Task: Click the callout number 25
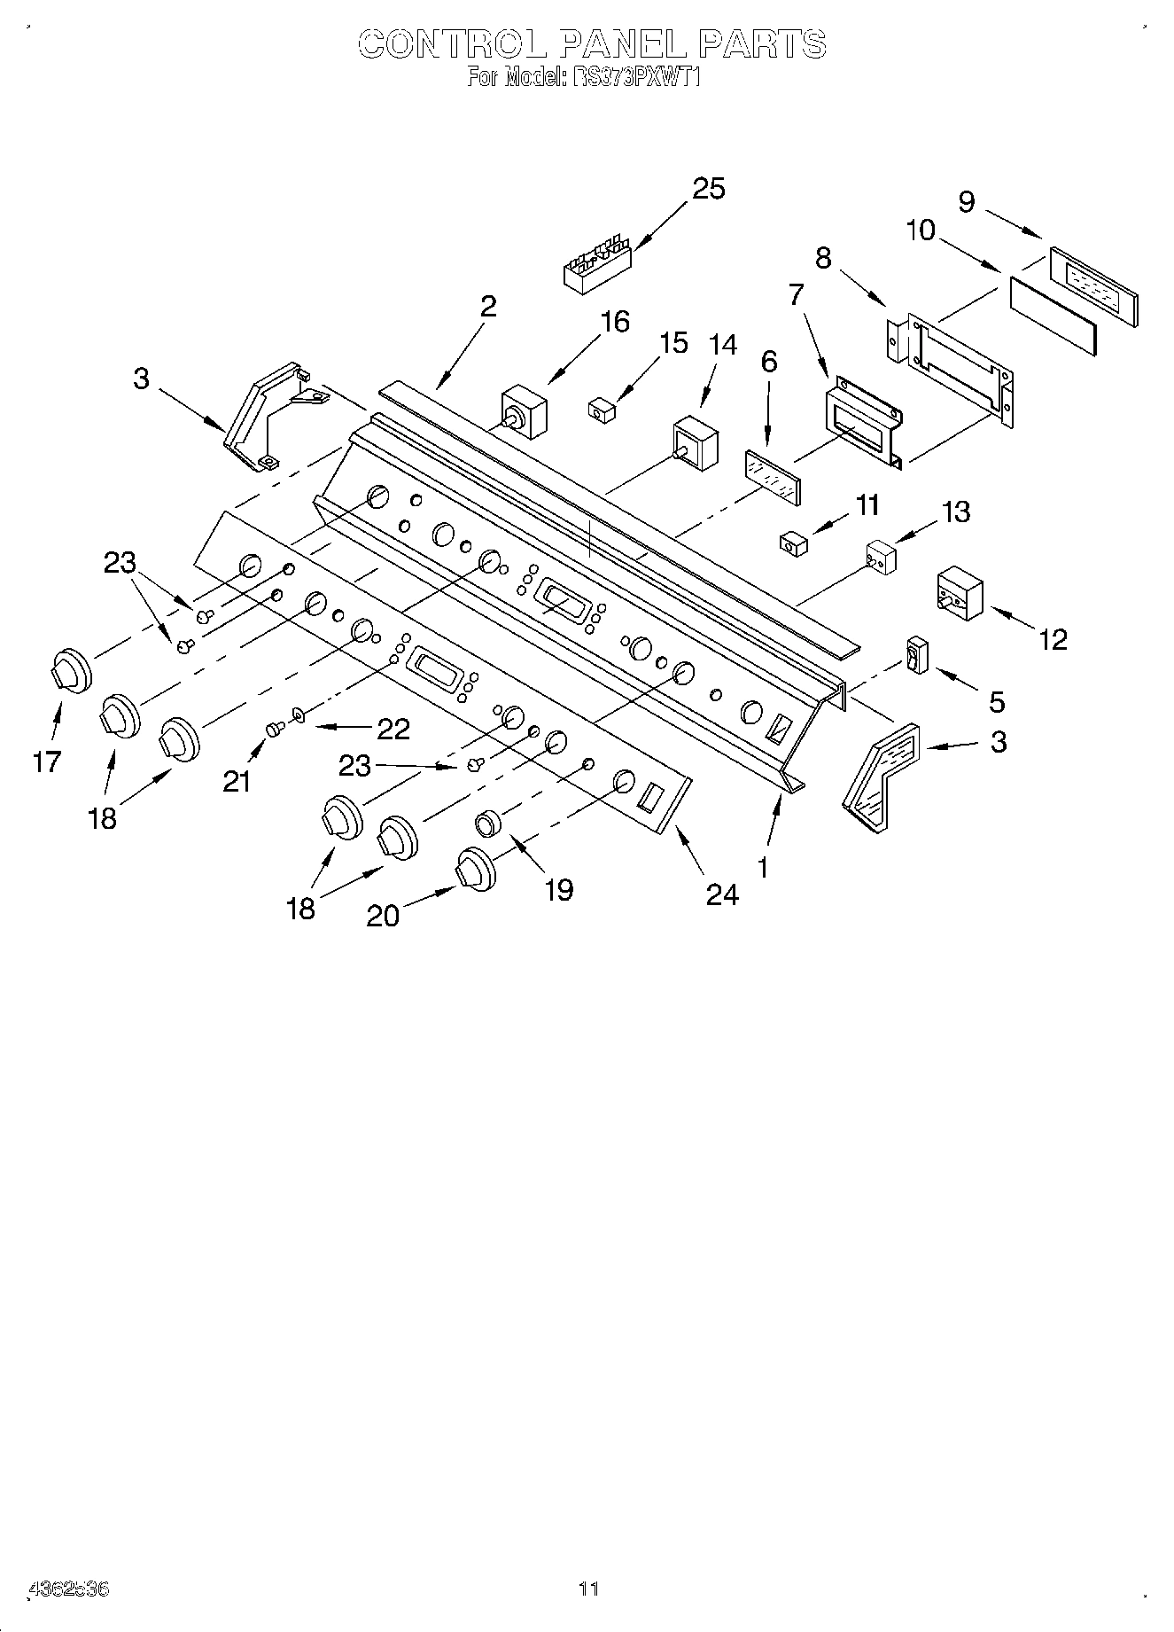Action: pyautogui.click(x=708, y=189)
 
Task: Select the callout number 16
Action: pyautogui.click(x=614, y=322)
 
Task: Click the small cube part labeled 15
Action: pyautogui.click(x=602, y=410)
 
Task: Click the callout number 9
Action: pyautogui.click(x=967, y=203)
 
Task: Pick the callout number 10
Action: pyautogui.click(x=921, y=230)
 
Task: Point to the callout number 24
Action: pyautogui.click(x=722, y=895)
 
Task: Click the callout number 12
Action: pyautogui.click(x=1053, y=639)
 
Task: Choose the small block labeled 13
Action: pyautogui.click(x=881, y=557)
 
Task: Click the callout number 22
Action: pyautogui.click(x=393, y=729)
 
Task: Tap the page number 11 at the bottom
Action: pyautogui.click(x=588, y=1589)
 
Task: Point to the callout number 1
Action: pyautogui.click(x=763, y=867)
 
